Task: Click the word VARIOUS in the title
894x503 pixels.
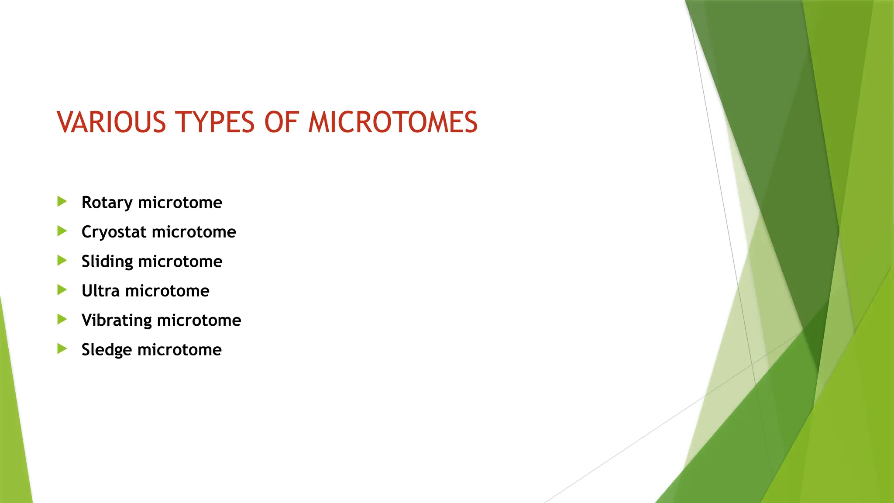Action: coord(111,122)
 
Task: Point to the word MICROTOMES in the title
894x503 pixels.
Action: coord(393,122)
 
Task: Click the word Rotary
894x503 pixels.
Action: coord(107,203)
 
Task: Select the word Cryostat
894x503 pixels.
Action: coord(114,232)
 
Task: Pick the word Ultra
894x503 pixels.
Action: coord(100,291)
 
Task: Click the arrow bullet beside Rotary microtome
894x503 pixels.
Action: coord(62,201)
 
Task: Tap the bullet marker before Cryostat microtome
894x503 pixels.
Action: coord(62,231)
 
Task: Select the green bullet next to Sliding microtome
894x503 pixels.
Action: coord(62,261)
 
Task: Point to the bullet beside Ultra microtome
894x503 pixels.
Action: coord(62,290)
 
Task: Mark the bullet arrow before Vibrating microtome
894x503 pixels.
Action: coord(62,320)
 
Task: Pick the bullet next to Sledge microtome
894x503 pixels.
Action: coord(62,349)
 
